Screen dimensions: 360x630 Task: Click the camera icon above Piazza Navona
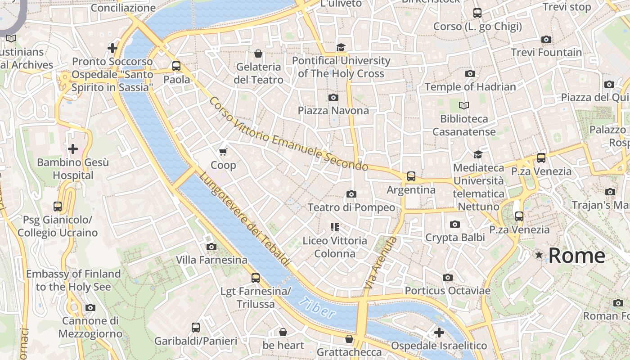tap(333, 97)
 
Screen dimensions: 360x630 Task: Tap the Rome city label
tap(577, 256)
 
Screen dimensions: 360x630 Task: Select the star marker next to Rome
tap(539, 255)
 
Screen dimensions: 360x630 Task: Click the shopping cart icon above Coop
tap(223, 152)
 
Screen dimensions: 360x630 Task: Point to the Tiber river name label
tap(318, 308)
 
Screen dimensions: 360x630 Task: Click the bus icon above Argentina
tap(411, 176)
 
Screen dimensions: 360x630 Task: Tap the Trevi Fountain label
tap(546, 52)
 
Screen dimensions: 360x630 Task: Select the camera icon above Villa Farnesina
tap(211, 247)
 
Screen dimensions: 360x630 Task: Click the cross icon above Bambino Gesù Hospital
tap(72, 148)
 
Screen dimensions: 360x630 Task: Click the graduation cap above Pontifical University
tap(341, 47)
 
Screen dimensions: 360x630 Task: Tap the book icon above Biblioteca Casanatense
tap(463, 105)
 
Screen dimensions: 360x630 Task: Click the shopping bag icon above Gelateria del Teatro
tap(258, 54)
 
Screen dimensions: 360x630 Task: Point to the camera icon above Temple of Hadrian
tap(470, 73)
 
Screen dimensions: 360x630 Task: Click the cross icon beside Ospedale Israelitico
tap(439, 333)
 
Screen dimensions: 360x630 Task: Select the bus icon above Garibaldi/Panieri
tap(195, 327)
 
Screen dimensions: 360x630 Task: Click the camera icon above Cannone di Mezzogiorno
tap(90, 307)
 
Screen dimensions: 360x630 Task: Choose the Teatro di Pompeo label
tap(351, 207)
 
